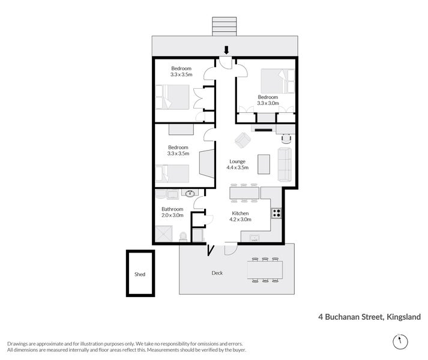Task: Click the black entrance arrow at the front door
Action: click(226, 50)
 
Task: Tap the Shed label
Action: click(139, 274)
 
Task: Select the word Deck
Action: click(217, 273)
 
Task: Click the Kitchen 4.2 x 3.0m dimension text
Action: click(240, 220)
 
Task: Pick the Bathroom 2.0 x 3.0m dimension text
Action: click(172, 215)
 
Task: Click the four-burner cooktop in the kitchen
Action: click(277, 212)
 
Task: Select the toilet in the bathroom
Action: click(183, 238)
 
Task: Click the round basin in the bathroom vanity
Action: click(191, 194)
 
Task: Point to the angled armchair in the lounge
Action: click(243, 140)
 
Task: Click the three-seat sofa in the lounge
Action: click(285, 164)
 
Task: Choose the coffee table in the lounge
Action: click(263, 163)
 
